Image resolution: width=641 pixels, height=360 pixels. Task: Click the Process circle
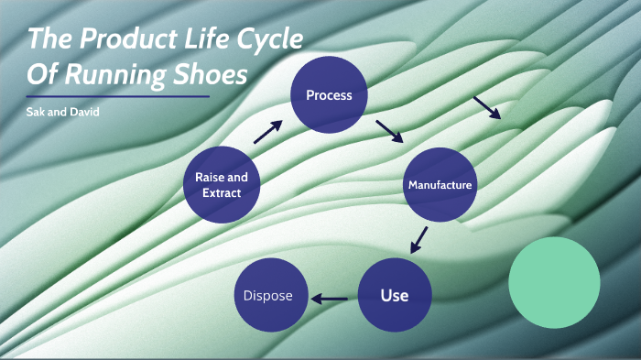click(329, 95)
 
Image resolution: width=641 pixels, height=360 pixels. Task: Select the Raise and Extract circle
click(222, 184)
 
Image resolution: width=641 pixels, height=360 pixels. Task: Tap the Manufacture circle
click(440, 185)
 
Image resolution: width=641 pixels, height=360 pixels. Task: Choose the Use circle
click(394, 295)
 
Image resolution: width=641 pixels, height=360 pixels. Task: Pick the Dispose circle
click(268, 295)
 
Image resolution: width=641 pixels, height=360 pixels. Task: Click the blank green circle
click(554, 282)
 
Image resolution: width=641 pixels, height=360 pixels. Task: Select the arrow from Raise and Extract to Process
click(266, 132)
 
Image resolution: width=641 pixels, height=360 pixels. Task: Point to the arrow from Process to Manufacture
click(389, 130)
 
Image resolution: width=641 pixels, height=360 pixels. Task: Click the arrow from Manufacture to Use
click(419, 239)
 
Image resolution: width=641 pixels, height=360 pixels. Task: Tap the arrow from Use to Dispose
click(331, 298)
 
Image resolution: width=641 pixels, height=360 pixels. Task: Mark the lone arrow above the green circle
click(486, 107)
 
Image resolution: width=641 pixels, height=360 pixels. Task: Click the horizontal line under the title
click(118, 96)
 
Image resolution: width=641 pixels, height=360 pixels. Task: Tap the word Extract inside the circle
click(222, 193)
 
